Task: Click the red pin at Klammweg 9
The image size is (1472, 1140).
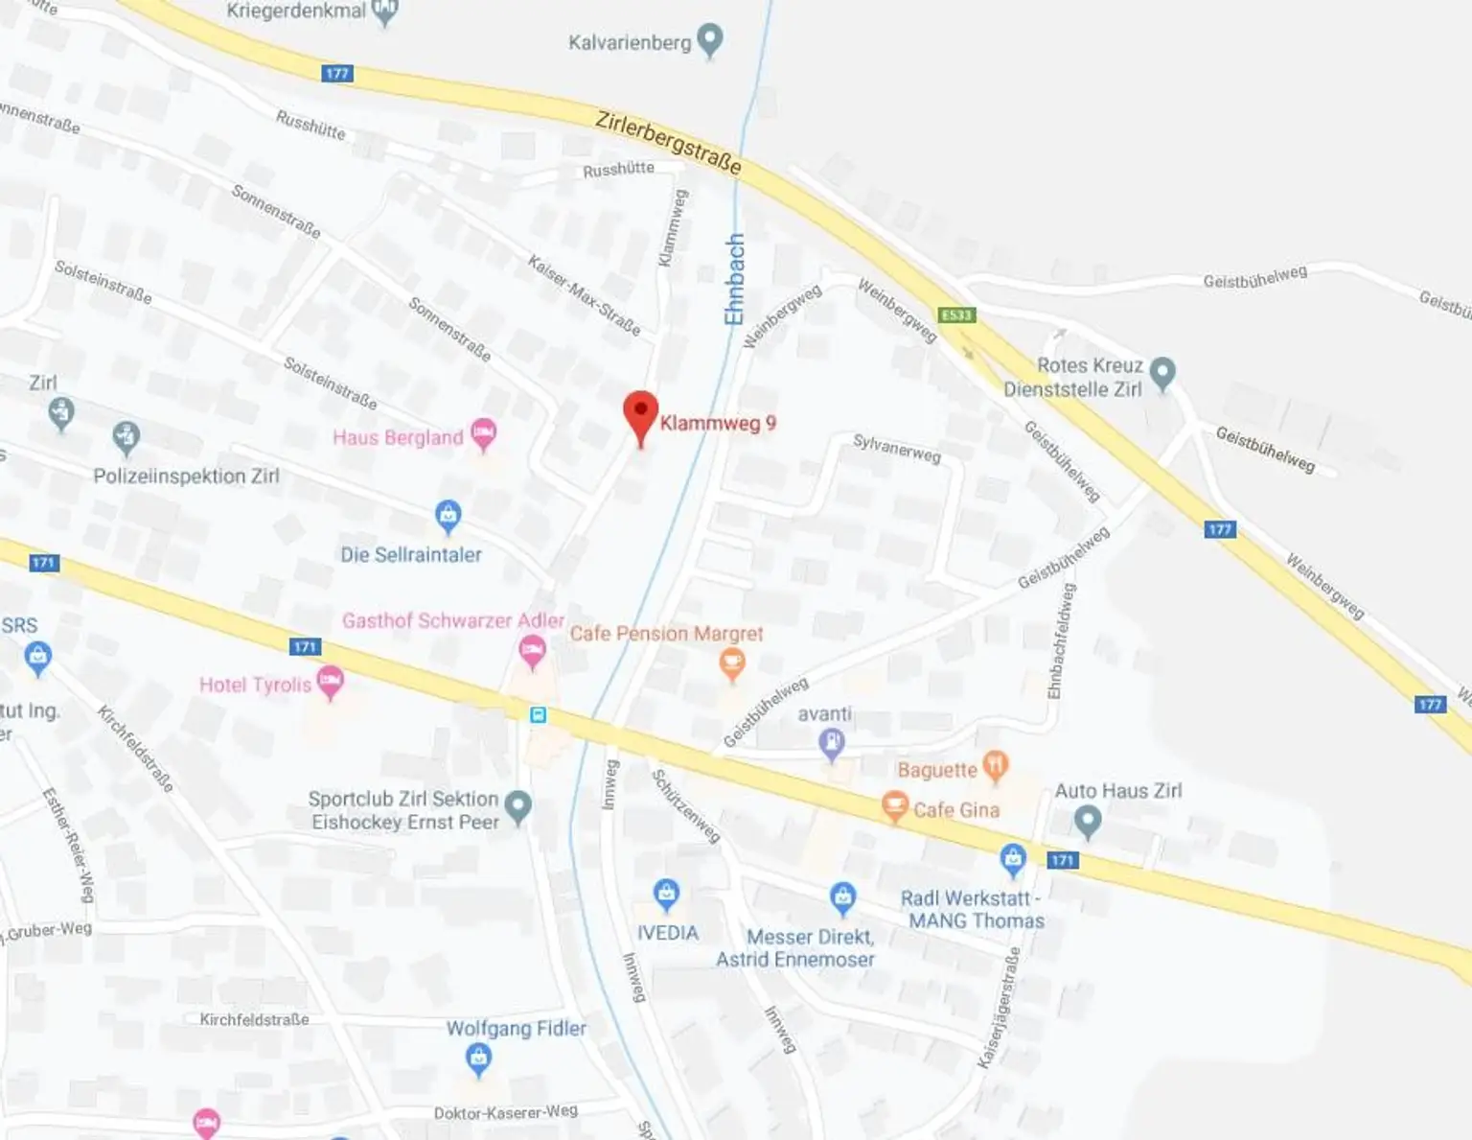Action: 640,414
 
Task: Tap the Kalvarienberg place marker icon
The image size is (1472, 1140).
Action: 710,40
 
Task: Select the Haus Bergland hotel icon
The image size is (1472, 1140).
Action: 484,433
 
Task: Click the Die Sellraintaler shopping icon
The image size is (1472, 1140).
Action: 448,515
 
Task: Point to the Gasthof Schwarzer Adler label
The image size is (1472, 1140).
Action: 453,620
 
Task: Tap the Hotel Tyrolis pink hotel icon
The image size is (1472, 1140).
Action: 330,682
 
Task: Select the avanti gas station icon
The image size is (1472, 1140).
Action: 831,742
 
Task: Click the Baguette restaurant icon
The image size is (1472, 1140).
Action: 996,765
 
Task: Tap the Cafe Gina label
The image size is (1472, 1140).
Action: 955,810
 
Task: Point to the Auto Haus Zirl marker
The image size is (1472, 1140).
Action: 1087,820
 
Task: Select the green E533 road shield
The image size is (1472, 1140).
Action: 956,315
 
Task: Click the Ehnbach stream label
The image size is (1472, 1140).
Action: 734,279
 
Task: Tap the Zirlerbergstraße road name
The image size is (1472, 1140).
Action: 668,143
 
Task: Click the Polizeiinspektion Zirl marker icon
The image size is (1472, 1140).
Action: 126,437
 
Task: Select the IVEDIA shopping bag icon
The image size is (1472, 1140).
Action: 666,895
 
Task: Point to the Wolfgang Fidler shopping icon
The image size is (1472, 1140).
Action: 478,1059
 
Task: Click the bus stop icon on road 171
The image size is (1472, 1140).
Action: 539,714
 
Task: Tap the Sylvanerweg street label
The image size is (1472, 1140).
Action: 897,448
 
